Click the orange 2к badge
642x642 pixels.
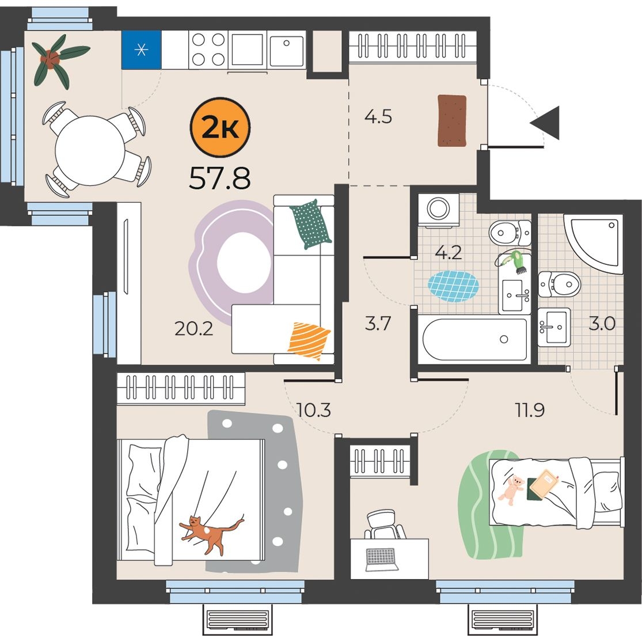click(220, 128)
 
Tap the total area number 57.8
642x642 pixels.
click(219, 178)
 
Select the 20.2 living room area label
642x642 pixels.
click(193, 328)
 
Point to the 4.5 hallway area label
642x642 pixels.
click(378, 116)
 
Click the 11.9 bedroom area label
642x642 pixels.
click(530, 410)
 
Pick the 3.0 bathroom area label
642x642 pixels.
click(602, 324)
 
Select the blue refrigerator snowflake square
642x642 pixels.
click(142, 50)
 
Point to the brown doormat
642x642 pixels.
click(452, 120)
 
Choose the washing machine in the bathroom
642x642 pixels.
click(439, 211)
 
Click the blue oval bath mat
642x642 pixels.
click(453, 286)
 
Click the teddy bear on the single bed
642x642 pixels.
click(511, 489)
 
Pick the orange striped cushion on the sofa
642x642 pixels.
click(309, 340)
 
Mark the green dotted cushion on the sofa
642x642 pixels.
click(311, 224)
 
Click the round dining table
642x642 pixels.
click(90, 150)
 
